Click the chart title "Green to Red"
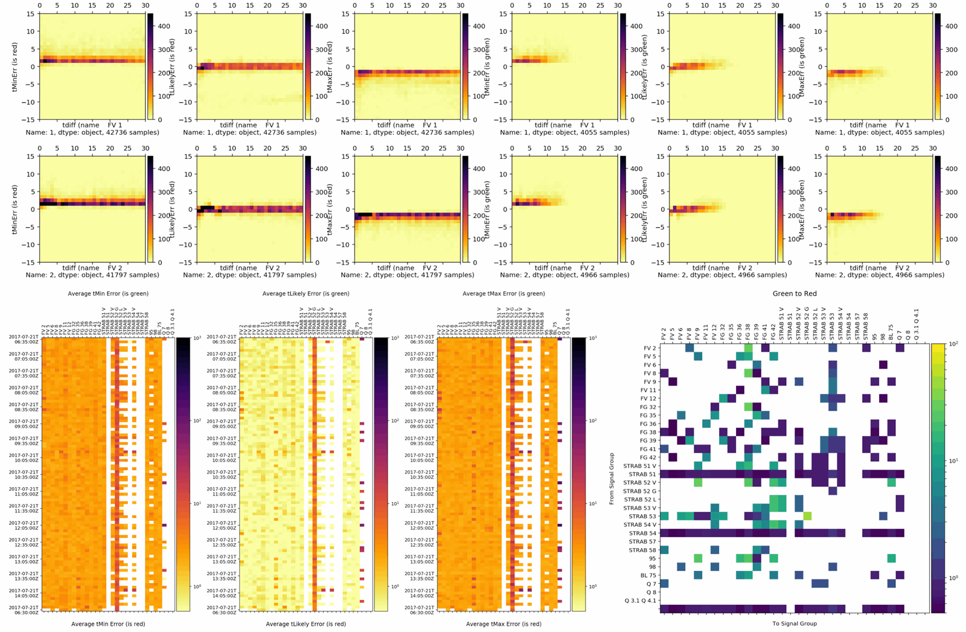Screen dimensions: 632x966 tap(795, 294)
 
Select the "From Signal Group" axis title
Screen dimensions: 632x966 tap(612, 478)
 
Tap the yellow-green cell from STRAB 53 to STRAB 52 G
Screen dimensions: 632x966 tap(807, 516)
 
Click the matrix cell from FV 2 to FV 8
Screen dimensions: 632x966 tap(689, 348)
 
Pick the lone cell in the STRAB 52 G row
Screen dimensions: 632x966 tap(833, 491)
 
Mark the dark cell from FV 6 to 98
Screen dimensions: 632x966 tap(883, 365)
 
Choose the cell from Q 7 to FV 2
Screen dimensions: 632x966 tap(664, 584)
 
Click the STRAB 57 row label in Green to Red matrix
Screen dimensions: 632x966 tap(642, 541)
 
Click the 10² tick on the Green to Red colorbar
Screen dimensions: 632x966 tap(952, 344)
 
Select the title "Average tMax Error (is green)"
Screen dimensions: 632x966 tap(504, 294)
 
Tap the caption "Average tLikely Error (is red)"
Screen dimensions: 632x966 tap(305, 624)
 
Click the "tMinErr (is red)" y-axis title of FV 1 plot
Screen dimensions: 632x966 tap(14, 67)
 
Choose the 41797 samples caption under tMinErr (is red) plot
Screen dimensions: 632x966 tap(92, 275)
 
